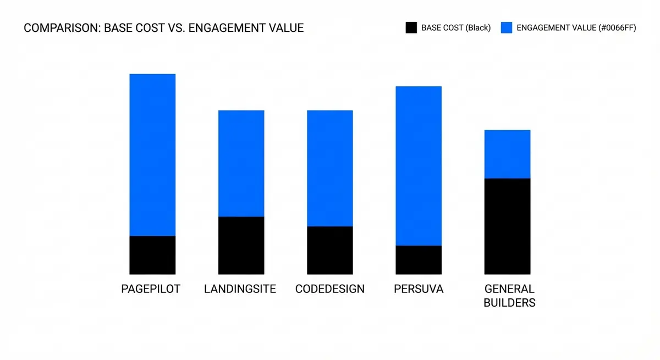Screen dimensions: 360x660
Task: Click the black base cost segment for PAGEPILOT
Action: coord(152,255)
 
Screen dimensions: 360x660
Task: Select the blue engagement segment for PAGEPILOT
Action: coord(152,154)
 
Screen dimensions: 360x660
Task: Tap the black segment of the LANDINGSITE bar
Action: coord(241,245)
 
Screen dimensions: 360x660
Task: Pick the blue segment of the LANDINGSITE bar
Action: coord(241,163)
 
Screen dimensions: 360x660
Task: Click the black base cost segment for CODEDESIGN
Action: coord(329,250)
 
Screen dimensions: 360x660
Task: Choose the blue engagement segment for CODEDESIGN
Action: coord(329,168)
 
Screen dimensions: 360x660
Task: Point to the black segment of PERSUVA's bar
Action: coord(419,259)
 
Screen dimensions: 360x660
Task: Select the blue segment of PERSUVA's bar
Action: coord(419,165)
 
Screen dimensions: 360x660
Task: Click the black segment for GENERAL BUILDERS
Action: coord(507,226)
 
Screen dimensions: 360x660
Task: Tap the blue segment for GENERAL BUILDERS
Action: coord(507,154)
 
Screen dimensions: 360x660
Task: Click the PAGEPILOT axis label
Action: coord(151,289)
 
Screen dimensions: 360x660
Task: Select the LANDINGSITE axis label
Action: coord(240,289)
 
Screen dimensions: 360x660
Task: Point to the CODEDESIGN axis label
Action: coord(329,289)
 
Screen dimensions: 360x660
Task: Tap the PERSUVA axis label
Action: coord(419,289)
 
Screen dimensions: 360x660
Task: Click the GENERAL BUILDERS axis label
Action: coord(509,296)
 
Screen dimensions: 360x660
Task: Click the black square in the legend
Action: coord(411,28)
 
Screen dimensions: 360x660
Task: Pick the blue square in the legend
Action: coord(507,28)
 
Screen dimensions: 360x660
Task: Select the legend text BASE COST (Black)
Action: coord(455,28)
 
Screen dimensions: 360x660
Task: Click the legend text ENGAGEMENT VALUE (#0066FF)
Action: coord(576,28)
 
